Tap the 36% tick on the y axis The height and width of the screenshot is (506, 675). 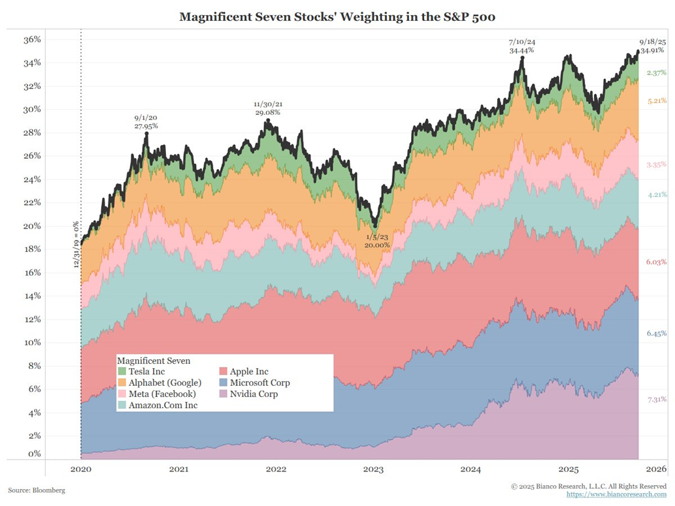click(32, 40)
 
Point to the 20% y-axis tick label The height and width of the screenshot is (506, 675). click(32, 226)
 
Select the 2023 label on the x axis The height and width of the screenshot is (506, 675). click(373, 469)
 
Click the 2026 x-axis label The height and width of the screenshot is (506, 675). click(655, 469)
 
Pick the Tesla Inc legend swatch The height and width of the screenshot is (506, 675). click(122, 372)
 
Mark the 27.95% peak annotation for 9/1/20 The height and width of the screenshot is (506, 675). click(146, 122)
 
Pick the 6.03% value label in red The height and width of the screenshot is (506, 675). click(656, 262)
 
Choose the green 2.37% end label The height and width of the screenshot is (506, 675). click(656, 73)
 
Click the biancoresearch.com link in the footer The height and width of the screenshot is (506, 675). click(616, 494)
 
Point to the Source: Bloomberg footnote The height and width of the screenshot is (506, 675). click(37, 490)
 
